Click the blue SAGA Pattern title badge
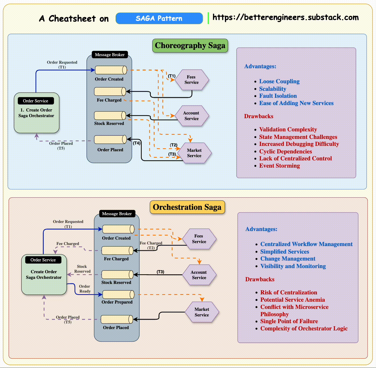click(159, 18)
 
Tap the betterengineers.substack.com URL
click(285, 17)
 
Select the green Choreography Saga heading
click(190, 46)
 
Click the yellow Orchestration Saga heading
click(187, 207)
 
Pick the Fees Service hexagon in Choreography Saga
click(192, 80)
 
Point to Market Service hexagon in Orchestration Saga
click(202, 312)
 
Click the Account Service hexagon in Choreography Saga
click(191, 116)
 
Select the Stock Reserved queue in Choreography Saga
click(110, 116)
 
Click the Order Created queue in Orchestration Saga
click(118, 229)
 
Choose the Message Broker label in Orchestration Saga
click(117, 214)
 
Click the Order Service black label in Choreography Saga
click(36, 101)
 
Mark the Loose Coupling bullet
click(279, 81)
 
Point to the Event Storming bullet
click(279, 166)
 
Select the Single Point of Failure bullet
click(289, 321)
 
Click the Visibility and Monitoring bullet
click(293, 266)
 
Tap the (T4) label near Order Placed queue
click(137, 143)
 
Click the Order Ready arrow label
click(85, 289)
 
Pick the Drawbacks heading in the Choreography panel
click(258, 116)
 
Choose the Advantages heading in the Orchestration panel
click(261, 229)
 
